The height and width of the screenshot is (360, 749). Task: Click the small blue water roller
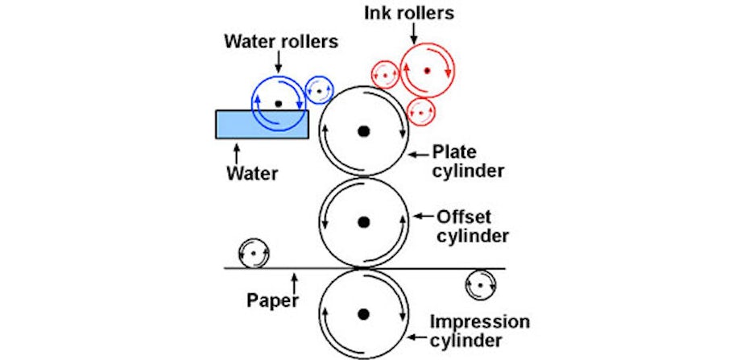320,91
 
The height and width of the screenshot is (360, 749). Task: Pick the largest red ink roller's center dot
428,71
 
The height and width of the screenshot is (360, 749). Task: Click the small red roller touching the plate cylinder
420,112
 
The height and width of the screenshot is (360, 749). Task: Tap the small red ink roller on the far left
386,75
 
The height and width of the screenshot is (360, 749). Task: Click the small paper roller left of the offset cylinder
254,254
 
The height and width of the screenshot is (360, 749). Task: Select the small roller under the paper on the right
481,284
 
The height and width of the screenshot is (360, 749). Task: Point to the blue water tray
234,124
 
